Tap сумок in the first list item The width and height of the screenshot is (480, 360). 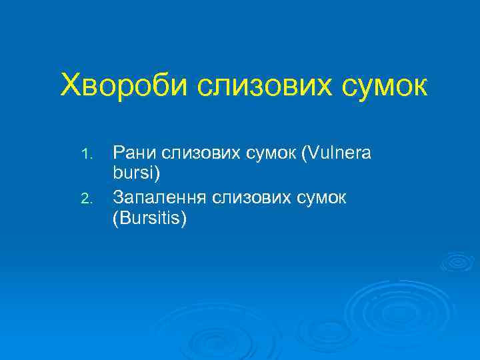pos(268,154)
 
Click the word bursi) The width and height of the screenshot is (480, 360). pos(137,175)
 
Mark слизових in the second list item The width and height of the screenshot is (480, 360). pos(242,197)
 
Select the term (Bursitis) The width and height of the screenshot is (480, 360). pos(150,218)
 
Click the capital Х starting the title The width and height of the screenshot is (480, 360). pos(69,85)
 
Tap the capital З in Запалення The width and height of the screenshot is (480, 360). pos(119,197)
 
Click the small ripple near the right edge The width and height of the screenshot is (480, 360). pos(457,261)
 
